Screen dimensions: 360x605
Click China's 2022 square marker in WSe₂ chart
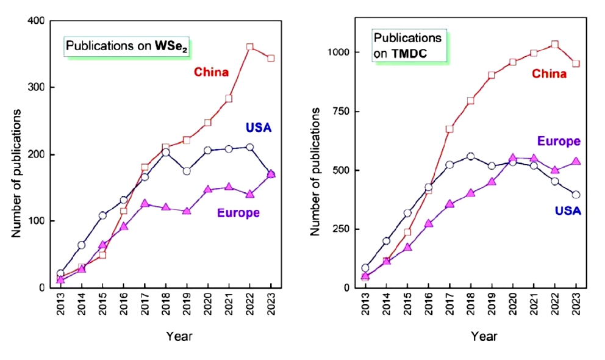[249, 46]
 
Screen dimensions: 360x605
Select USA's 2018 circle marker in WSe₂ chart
[165, 152]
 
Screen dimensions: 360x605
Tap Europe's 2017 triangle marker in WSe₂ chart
[145, 203]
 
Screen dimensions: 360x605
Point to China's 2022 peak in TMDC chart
[554, 45]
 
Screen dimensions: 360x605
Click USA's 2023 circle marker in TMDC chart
[575, 195]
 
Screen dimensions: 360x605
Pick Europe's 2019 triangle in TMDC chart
[492, 181]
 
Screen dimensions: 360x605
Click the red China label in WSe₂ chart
[211, 73]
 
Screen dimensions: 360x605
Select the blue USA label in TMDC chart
[567, 211]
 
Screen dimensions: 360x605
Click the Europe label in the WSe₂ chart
[238, 213]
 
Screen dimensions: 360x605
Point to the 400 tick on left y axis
[37, 21]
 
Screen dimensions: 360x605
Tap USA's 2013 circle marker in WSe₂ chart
[60, 274]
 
